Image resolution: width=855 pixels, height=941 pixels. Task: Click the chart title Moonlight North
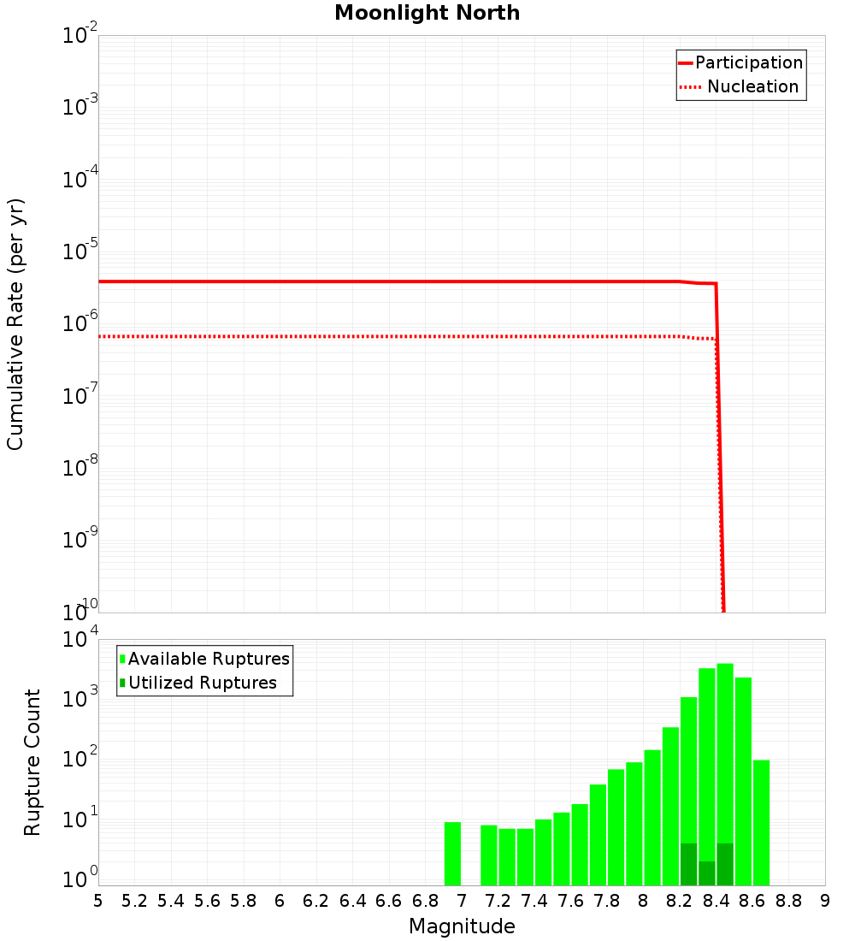[427, 13]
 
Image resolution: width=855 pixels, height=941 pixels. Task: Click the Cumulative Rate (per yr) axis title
[16, 323]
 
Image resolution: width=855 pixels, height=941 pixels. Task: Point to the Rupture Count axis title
[32, 761]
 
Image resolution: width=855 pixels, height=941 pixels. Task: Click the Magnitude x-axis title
[462, 926]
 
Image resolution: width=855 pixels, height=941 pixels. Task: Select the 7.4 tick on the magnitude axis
[534, 900]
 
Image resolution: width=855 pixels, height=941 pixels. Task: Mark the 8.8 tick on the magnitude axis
[788, 900]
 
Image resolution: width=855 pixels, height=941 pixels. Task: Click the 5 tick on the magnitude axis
[98, 900]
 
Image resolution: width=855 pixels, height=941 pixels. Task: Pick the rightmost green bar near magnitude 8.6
[761, 822]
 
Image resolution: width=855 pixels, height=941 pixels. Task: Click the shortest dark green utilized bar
[707, 873]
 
